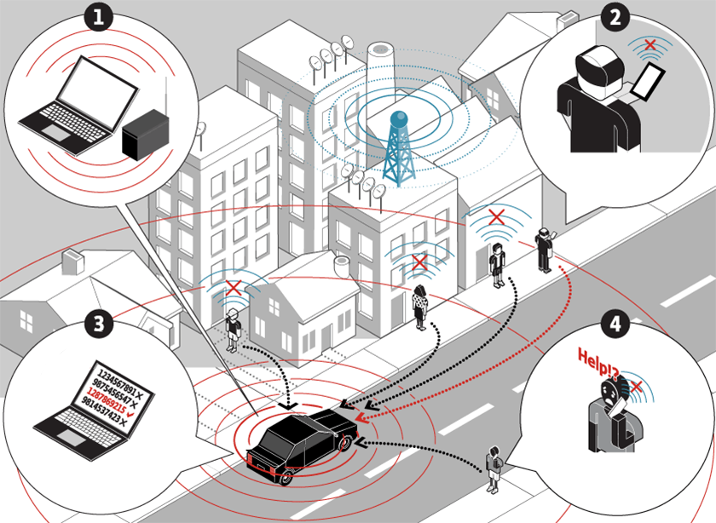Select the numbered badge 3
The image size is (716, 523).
[101, 324]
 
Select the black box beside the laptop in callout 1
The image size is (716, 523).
[145, 136]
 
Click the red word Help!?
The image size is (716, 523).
[597, 355]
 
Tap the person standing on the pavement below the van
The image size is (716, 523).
[493, 468]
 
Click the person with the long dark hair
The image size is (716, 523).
[419, 307]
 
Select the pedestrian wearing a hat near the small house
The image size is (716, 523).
[232, 330]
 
